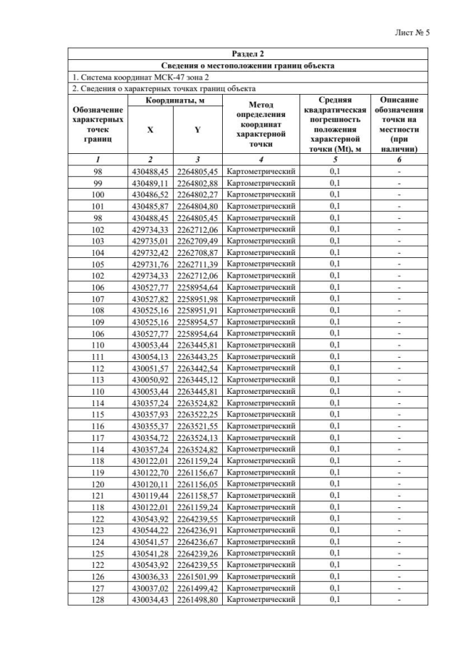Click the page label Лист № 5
pyautogui.click(x=412, y=33)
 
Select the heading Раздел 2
pyautogui.click(x=248, y=54)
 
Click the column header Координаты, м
pyautogui.click(x=174, y=100)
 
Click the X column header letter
pyautogui.click(x=150, y=130)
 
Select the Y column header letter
pyautogui.click(x=197, y=130)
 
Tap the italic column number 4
pyautogui.click(x=260, y=159)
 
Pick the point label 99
pyautogui.click(x=98, y=183)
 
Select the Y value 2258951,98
pyautogui.click(x=197, y=298)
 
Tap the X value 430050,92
pyautogui.click(x=150, y=379)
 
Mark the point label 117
pyautogui.click(x=98, y=437)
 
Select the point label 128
pyautogui.click(x=98, y=599)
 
